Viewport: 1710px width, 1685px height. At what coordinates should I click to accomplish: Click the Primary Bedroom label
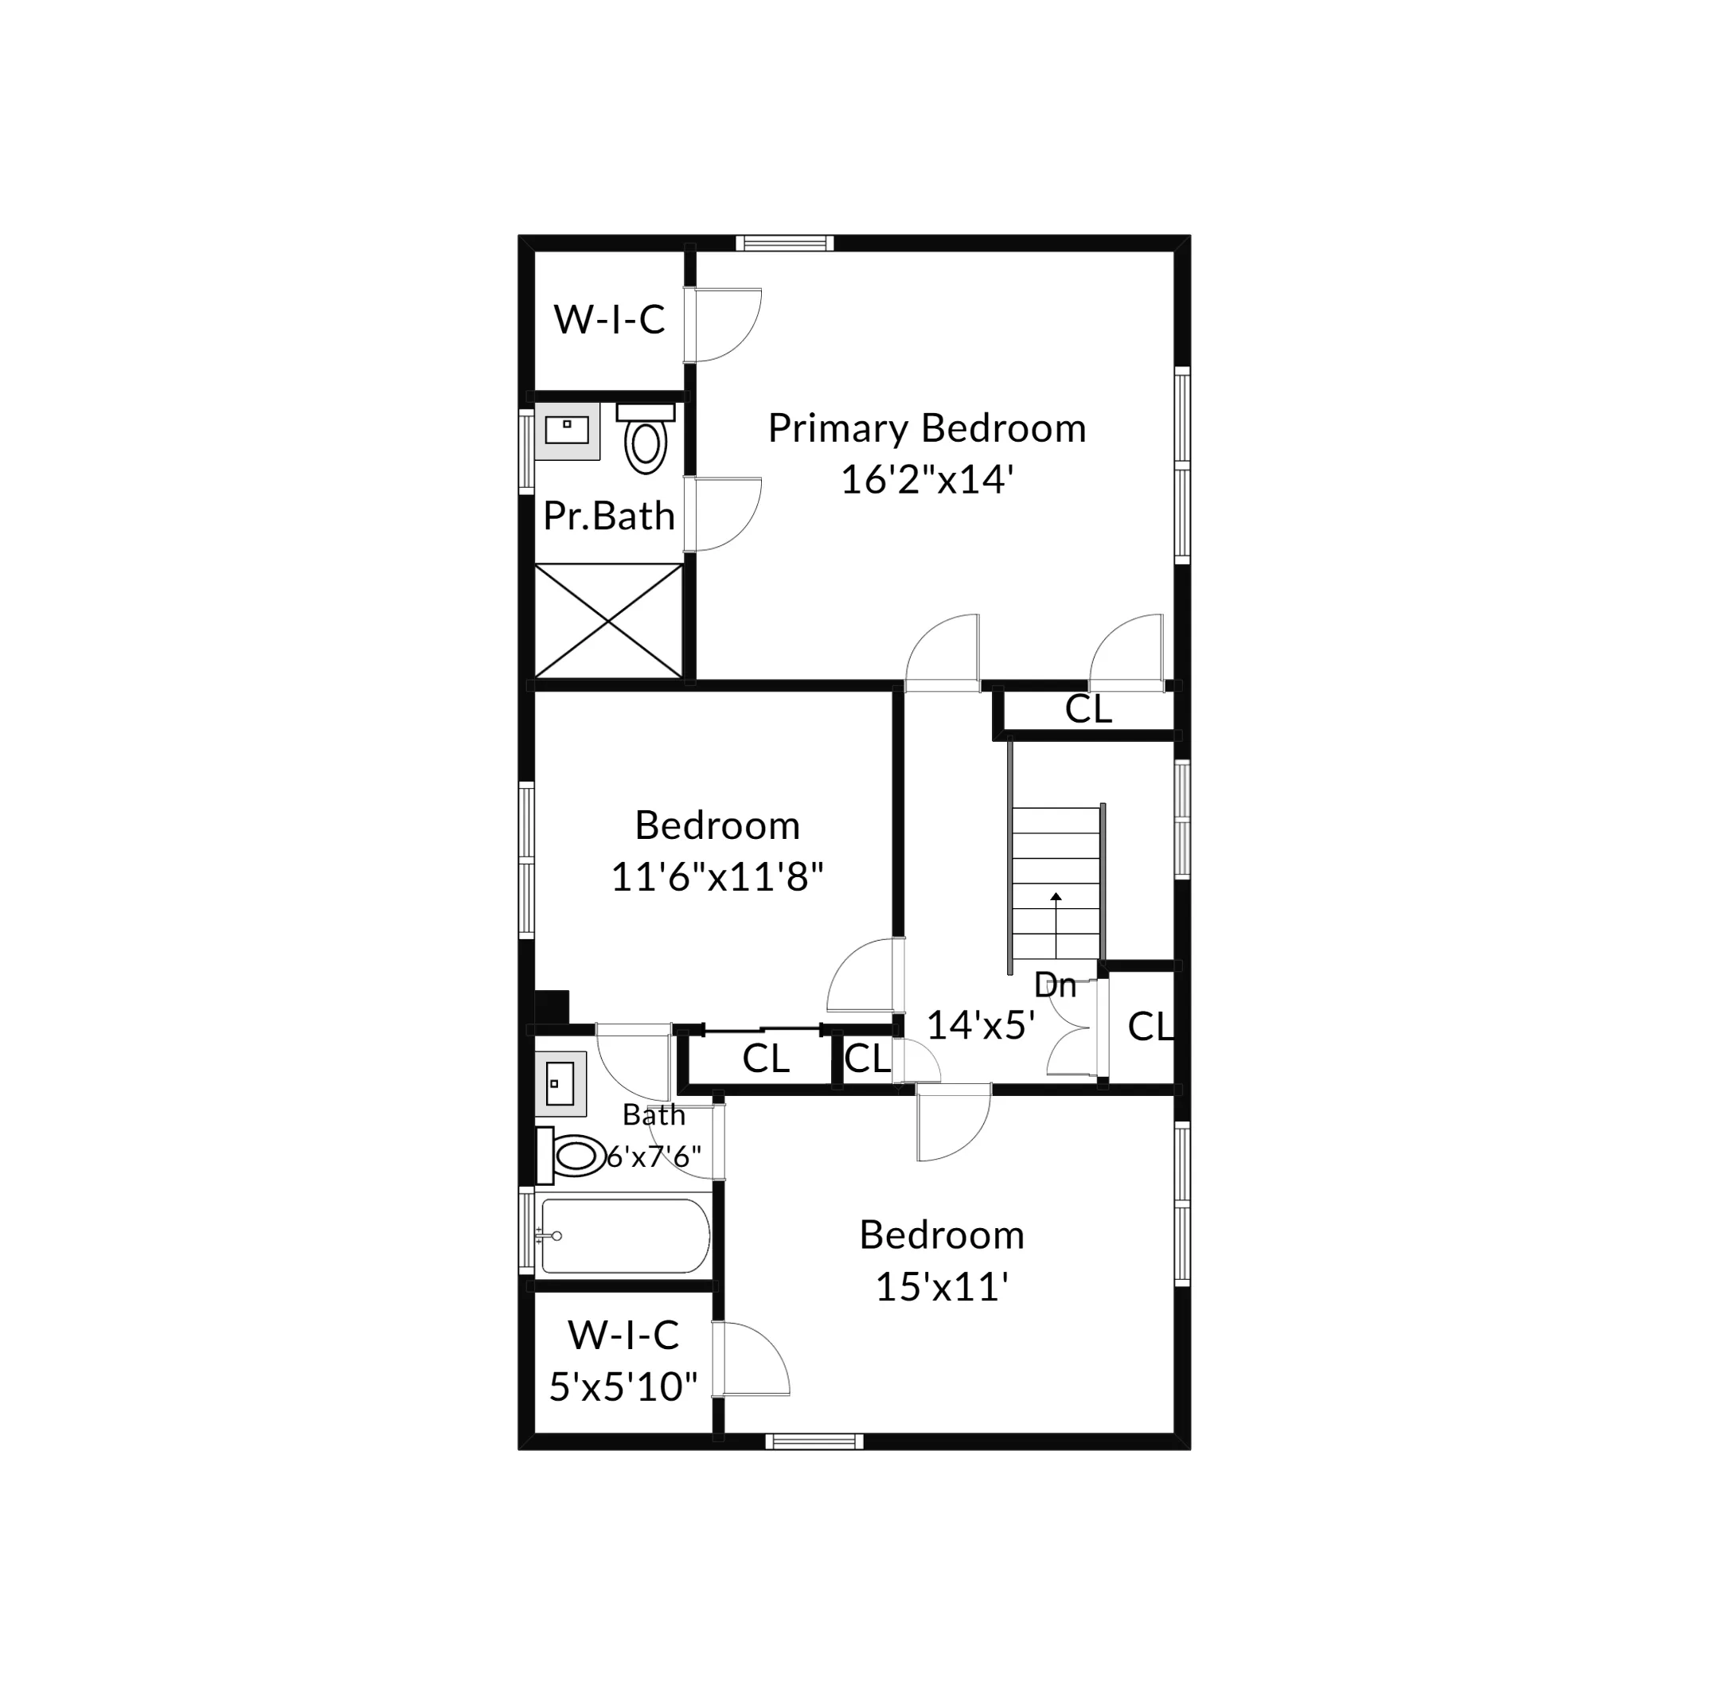(x=926, y=428)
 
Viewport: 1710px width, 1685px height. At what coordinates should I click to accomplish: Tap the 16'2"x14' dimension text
(x=926, y=480)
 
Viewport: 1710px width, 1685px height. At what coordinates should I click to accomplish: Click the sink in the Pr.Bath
(x=567, y=431)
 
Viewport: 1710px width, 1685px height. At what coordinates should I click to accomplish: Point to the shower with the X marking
(x=609, y=622)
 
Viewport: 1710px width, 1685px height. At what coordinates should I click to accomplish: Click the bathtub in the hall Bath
(x=624, y=1236)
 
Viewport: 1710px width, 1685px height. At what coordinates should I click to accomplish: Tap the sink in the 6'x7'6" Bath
(x=560, y=1083)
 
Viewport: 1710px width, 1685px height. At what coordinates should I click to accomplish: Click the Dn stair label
(x=1054, y=985)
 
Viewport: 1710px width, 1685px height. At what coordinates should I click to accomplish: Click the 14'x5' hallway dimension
(x=981, y=1025)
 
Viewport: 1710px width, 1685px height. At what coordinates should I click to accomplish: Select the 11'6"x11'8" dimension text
(x=717, y=877)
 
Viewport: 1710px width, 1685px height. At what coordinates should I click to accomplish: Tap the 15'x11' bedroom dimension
(x=942, y=1287)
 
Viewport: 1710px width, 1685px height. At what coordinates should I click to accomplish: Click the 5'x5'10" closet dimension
(x=623, y=1387)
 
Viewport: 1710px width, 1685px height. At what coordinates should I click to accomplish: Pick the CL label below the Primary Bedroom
(x=1087, y=709)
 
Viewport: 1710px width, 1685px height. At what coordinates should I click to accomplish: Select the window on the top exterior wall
(x=784, y=244)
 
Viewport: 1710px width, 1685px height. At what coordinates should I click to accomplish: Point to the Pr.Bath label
(x=609, y=516)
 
